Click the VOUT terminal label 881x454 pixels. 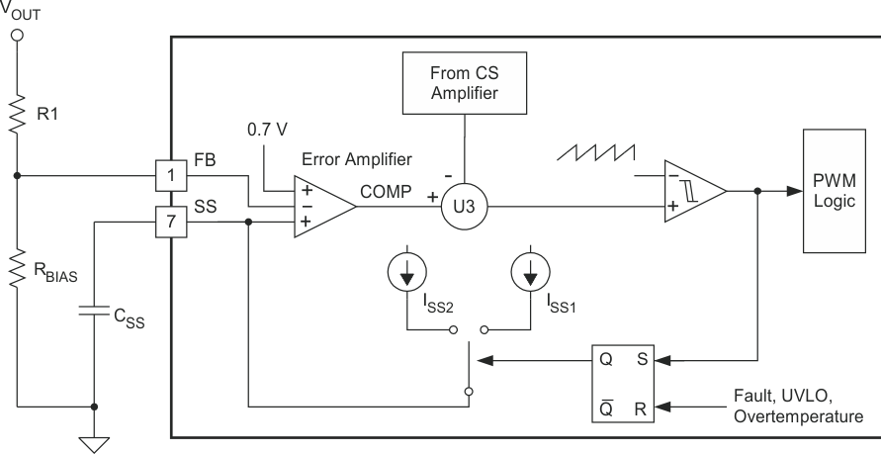pyautogui.click(x=19, y=15)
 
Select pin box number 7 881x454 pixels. pyautogui.click(x=172, y=222)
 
